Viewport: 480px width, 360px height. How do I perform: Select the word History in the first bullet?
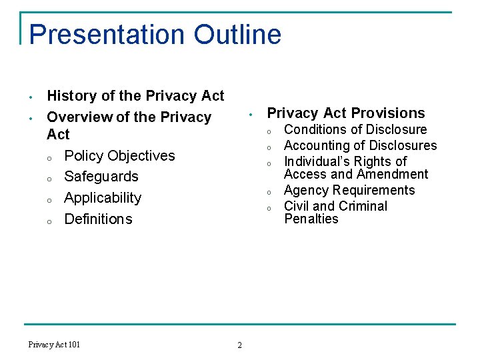[x=72, y=96]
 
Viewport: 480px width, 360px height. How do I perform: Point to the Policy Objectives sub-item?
[x=119, y=156]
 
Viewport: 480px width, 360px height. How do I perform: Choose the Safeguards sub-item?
[x=101, y=177]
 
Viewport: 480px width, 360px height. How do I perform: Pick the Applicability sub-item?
[x=103, y=198]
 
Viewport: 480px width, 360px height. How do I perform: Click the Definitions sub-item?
[x=98, y=219]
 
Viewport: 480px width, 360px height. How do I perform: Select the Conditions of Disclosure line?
[x=355, y=129]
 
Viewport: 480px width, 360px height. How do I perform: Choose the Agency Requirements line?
[x=349, y=191]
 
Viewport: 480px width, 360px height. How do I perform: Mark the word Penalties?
[x=311, y=219]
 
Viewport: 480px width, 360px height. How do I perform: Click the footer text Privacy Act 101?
[x=54, y=345]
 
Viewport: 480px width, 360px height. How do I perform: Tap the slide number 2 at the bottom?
[x=240, y=345]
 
